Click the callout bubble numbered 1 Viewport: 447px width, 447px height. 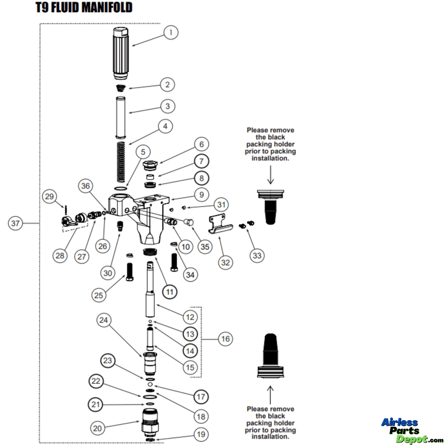(170, 33)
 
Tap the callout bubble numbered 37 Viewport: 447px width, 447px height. (16, 223)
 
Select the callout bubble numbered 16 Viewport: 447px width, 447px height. (225, 339)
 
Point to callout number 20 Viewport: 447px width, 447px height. (98, 428)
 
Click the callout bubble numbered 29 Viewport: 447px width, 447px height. (50, 196)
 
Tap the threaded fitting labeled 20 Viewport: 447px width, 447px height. (149, 422)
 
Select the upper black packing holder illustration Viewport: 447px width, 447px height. (270, 207)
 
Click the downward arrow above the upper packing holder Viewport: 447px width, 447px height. (270, 175)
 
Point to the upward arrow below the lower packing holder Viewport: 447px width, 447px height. (270, 392)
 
